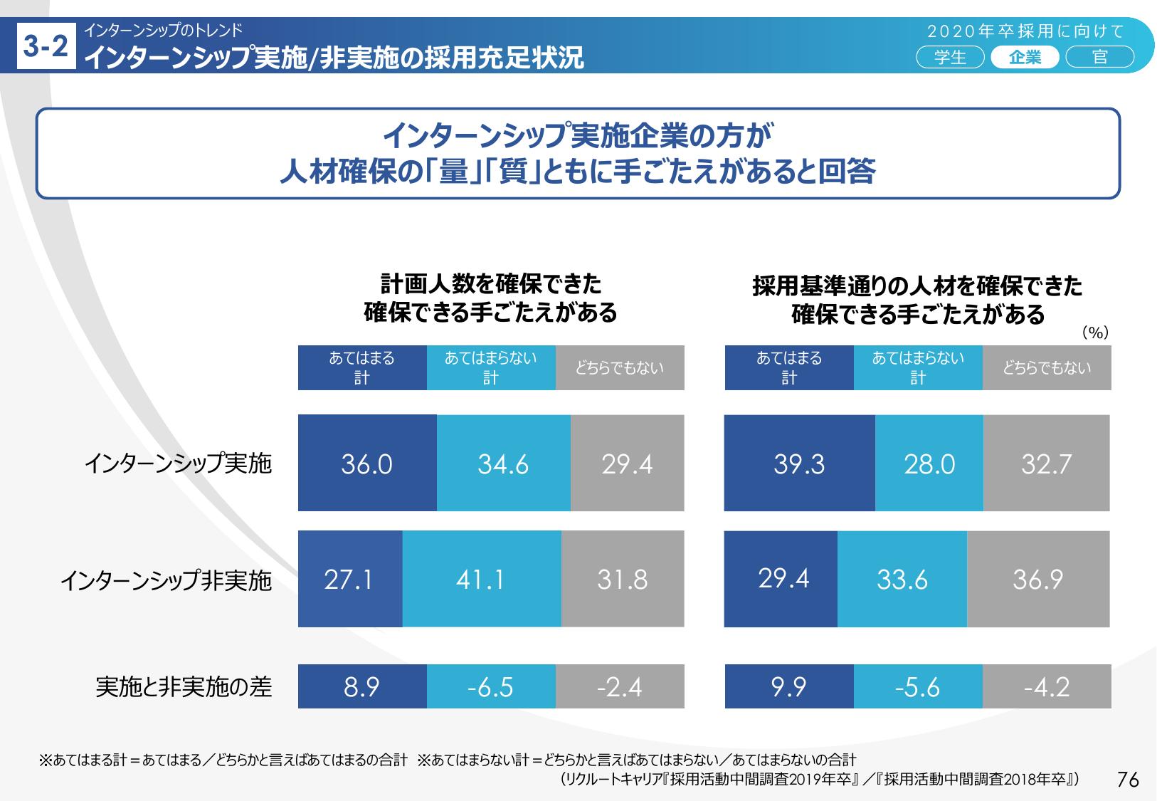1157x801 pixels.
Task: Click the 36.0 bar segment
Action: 367,463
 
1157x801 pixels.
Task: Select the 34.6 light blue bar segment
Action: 504,463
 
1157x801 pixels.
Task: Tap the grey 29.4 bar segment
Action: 627,463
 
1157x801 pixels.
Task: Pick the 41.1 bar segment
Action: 481,579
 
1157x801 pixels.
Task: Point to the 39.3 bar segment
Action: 799,463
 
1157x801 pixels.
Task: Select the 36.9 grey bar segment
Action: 1038,579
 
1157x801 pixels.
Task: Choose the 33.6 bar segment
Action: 902,579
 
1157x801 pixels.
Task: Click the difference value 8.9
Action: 362,686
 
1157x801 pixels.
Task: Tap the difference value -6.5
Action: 491,686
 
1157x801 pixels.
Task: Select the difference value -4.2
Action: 1047,686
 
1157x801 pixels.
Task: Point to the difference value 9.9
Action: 789,686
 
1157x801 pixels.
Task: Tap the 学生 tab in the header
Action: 951,58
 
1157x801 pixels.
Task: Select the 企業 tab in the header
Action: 1025,58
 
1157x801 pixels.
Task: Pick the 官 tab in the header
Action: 1100,58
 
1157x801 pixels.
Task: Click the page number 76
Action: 1129,780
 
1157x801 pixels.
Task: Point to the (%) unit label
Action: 1096,333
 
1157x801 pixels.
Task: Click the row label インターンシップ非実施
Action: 166,580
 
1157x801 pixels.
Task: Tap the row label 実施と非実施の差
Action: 184,686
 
